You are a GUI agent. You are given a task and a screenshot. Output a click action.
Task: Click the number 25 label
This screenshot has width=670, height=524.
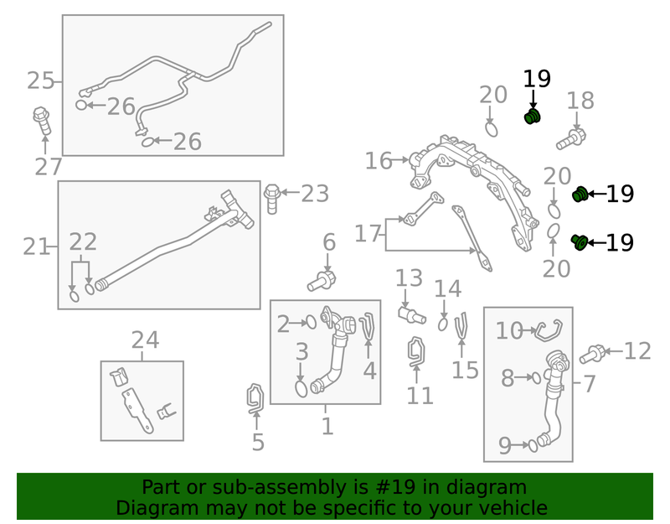(x=40, y=80)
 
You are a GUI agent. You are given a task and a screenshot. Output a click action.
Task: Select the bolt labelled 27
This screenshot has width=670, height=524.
(x=42, y=121)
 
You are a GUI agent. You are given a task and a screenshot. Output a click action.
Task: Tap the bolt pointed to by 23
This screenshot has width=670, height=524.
(x=271, y=199)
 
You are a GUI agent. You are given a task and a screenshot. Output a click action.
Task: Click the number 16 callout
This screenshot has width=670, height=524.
(x=379, y=161)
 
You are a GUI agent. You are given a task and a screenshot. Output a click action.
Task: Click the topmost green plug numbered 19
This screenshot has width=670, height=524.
(x=533, y=117)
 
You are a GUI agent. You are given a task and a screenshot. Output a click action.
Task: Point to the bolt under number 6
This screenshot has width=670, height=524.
(x=322, y=281)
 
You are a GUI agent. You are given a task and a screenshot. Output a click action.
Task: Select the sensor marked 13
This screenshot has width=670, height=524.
(x=412, y=316)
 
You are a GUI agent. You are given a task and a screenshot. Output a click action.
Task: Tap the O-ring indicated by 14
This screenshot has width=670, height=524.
(x=443, y=324)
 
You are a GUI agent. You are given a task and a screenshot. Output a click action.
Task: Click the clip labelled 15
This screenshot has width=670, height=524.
(x=461, y=327)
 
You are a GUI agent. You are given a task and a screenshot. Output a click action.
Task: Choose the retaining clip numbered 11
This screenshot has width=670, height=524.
(x=416, y=351)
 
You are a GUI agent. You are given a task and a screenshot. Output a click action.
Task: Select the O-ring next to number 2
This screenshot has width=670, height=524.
(x=312, y=323)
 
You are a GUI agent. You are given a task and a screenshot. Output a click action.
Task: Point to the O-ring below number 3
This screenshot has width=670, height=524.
(x=301, y=389)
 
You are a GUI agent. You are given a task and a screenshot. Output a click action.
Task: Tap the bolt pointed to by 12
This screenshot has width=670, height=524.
(x=591, y=354)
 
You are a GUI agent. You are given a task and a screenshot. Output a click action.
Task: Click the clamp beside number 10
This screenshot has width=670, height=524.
(x=549, y=330)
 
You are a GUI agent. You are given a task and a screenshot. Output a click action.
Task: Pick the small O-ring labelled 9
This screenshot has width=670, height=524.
(x=533, y=446)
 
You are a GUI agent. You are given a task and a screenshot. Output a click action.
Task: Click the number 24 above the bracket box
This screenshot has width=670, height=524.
(x=145, y=340)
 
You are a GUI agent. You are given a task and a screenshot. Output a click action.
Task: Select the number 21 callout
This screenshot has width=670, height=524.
(x=36, y=246)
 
